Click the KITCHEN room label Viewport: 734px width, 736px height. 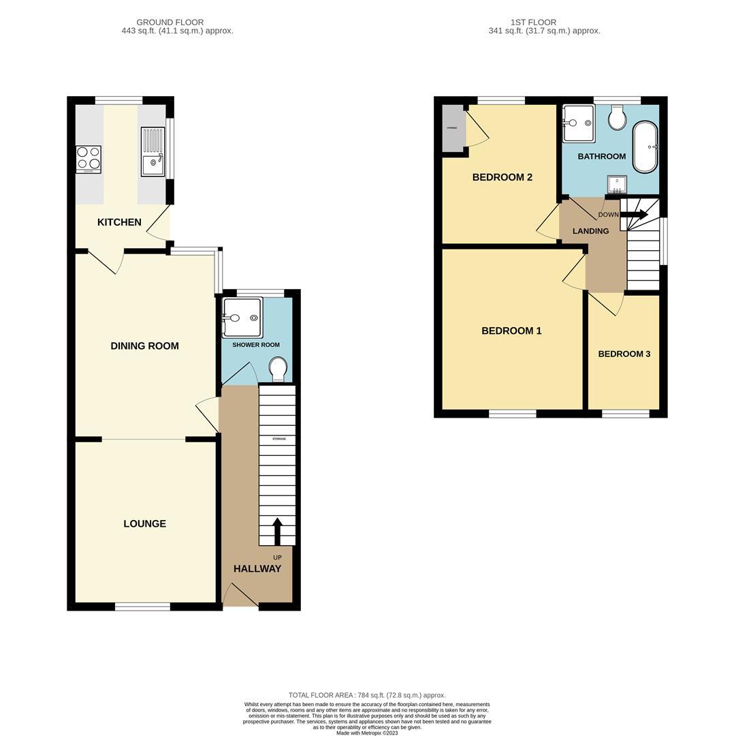(x=119, y=222)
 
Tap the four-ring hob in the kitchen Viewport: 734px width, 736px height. (x=88, y=159)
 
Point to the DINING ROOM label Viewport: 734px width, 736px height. (x=144, y=346)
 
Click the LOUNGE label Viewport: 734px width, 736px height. (x=144, y=524)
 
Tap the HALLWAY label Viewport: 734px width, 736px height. (x=257, y=569)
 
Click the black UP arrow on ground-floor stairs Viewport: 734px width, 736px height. (x=277, y=531)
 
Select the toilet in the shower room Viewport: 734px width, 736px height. (x=278, y=369)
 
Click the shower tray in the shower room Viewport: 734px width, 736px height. (x=240, y=318)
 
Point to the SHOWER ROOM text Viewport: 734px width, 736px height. (x=256, y=345)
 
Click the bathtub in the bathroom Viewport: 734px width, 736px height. (x=645, y=147)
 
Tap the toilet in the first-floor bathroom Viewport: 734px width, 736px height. (x=618, y=118)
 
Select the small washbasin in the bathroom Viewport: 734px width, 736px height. (x=617, y=184)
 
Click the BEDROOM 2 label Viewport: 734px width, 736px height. (x=502, y=177)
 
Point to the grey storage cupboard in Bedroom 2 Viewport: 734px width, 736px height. (x=451, y=128)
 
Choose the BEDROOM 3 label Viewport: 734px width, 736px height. (x=624, y=354)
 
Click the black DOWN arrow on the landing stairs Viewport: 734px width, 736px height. (x=633, y=214)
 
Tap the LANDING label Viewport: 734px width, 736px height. (x=590, y=231)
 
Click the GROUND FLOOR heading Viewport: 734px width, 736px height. (x=170, y=22)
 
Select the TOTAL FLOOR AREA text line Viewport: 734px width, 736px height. (x=367, y=695)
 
